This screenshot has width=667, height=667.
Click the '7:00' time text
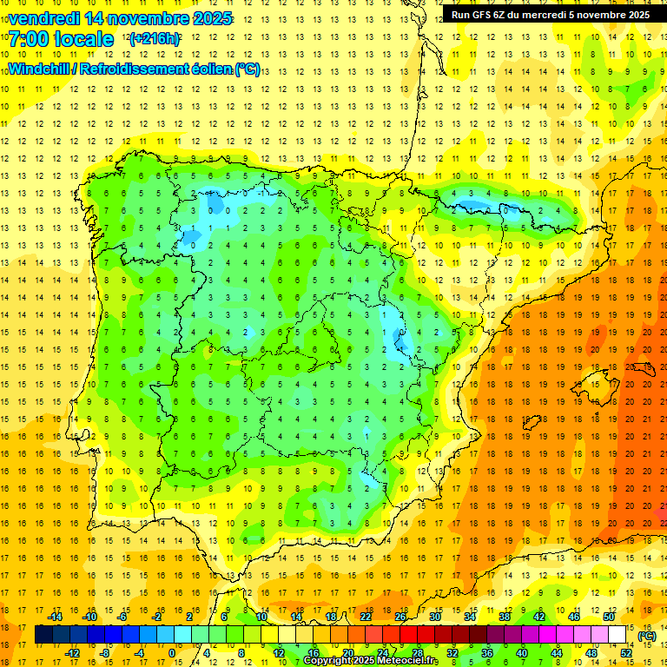pyautogui.click(x=28, y=39)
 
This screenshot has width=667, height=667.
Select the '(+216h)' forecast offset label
pyautogui.click(x=155, y=39)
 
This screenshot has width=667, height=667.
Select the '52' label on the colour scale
pyautogui.click(x=626, y=652)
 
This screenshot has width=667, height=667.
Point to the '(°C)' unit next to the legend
pyautogui.click(x=647, y=636)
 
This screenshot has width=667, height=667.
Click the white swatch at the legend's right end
pyautogui.click(x=617, y=635)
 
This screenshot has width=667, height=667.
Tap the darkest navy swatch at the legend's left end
pyautogui.click(x=43, y=635)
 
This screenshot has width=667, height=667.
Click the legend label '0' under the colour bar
pyautogui.click(x=172, y=652)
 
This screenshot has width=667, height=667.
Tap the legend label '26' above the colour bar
pyautogui.click(x=400, y=617)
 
